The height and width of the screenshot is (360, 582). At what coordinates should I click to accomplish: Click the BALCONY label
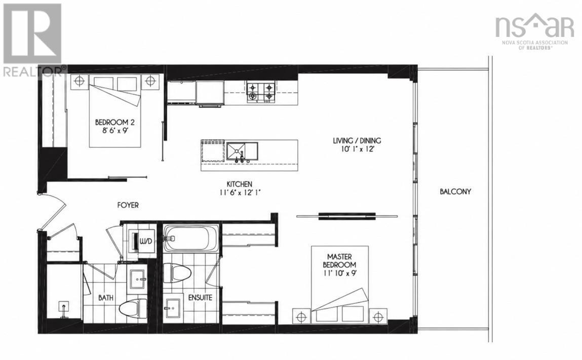point(455,191)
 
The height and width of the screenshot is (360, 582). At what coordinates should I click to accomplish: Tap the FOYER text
point(128,205)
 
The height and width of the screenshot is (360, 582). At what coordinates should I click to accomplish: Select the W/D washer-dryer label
point(146,242)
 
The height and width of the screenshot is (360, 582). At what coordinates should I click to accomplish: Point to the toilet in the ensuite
point(177,273)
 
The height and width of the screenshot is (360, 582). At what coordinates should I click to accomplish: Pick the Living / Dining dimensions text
point(357,149)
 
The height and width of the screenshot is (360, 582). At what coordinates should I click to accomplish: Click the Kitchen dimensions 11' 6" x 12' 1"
point(240,192)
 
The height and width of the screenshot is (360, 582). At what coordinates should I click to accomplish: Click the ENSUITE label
point(200,298)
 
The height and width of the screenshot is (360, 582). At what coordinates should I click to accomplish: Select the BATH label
point(106,298)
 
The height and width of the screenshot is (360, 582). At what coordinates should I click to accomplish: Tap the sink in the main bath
point(138,278)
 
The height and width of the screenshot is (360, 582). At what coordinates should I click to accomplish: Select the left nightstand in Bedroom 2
point(80,81)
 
